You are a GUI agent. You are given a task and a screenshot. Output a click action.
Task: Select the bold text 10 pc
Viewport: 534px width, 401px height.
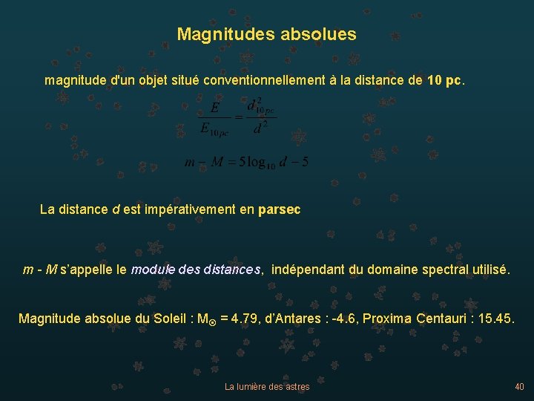(x=444, y=79)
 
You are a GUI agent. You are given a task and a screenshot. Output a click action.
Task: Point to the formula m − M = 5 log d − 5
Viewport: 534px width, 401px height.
(x=246, y=162)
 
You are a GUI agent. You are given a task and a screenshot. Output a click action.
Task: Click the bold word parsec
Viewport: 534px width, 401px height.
(x=280, y=209)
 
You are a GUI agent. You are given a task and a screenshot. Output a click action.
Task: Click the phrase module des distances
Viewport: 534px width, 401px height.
(x=196, y=270)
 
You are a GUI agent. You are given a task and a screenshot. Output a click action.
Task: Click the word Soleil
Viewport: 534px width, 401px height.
(x=168, y=319)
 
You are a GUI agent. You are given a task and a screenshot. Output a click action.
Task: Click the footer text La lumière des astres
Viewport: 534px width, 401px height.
(x=267, y=387)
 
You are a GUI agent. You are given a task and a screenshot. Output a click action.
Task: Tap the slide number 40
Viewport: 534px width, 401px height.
(x=518, y=386)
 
